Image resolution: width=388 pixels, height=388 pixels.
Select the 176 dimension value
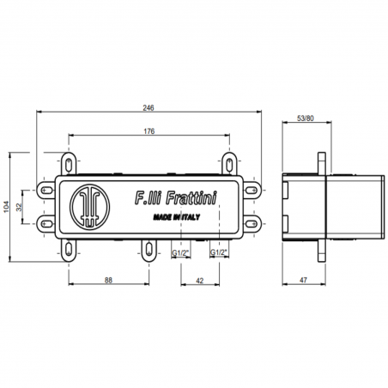pos(149,130)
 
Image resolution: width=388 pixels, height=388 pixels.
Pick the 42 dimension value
pos(199,281)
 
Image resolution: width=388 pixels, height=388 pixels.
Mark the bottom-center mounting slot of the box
pos(149,250)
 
